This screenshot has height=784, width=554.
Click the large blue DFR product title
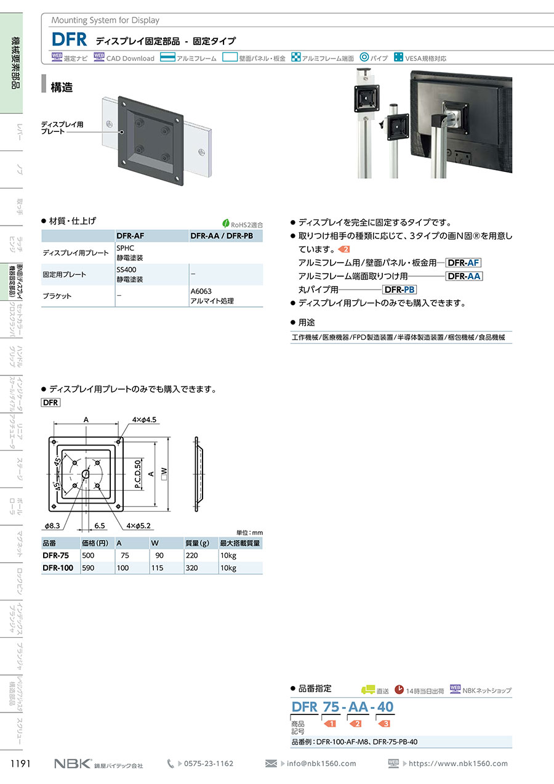(69, 39)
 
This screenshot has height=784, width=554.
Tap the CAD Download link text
(130, 59)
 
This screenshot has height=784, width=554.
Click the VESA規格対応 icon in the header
(398, 57)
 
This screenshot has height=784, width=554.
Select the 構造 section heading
(62, 87)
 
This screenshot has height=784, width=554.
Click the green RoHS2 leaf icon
(226, 224)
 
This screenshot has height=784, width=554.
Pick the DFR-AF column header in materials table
(130, 236)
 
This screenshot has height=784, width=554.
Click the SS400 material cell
(127, 270)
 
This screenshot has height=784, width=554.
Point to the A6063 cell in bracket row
(201, 291)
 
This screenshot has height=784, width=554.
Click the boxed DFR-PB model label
(399, 290)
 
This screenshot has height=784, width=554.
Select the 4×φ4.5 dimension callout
(144, 420)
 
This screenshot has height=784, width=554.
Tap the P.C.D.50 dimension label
(138, 474)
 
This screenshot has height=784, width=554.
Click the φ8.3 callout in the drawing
(52, 526)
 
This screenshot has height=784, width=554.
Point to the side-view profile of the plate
(199, 474)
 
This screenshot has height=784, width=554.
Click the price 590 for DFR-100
(88, 568)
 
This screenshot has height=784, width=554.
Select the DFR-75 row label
(55, 555)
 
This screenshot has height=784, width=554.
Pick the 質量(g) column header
(197, 543)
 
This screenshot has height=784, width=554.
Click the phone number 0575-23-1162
(209, 763)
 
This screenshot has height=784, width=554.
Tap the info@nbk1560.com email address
(321, 763)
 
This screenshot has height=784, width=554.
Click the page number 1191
(21, 763)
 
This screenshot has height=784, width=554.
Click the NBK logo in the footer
(73, 763)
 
